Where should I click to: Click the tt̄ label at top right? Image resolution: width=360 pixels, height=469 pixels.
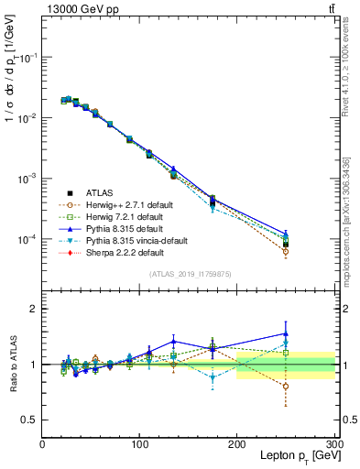pos(329,8)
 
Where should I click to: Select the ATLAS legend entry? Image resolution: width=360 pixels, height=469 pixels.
pos(100,192)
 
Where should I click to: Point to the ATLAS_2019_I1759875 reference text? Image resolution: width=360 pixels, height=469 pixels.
pos(189,273)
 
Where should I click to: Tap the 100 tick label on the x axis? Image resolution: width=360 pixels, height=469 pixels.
pos(139,443)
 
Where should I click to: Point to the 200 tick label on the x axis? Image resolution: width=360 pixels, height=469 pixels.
pos(237,443)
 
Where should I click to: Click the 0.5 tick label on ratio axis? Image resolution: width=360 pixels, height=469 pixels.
pos(29,420)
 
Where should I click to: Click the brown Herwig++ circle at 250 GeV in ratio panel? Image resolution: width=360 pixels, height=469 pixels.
pos(286,387)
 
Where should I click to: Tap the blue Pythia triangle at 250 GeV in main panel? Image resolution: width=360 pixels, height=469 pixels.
pos(286,234)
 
